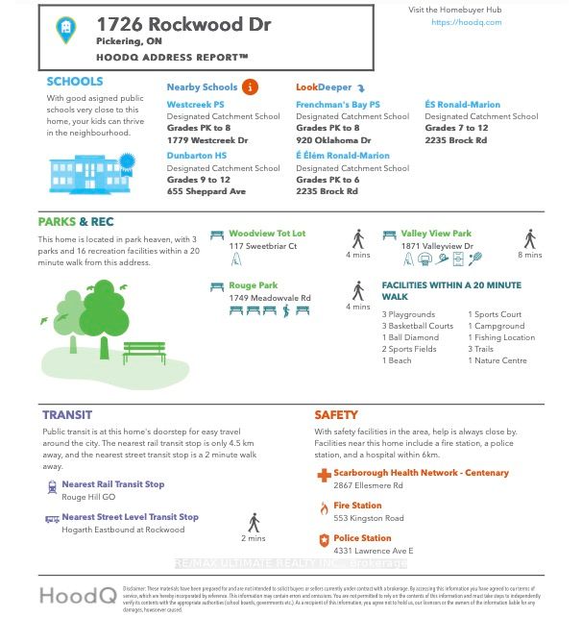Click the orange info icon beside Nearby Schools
coord(251,87)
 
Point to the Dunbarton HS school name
coord(197,155)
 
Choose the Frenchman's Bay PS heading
coord(338,105)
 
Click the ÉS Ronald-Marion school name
coord(462,105)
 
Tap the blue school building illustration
coord(85,171)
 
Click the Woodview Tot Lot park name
coord(267,234)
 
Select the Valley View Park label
coord(436,234)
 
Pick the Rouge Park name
coord(254,285)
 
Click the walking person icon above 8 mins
coord(529,239)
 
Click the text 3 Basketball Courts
coord(417,326)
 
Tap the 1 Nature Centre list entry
coord(500,360)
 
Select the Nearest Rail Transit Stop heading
coord(112,484)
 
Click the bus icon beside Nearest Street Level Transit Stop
coord(52,518)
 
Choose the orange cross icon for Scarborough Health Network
coord(324,475)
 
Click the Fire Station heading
coord(357,506)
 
